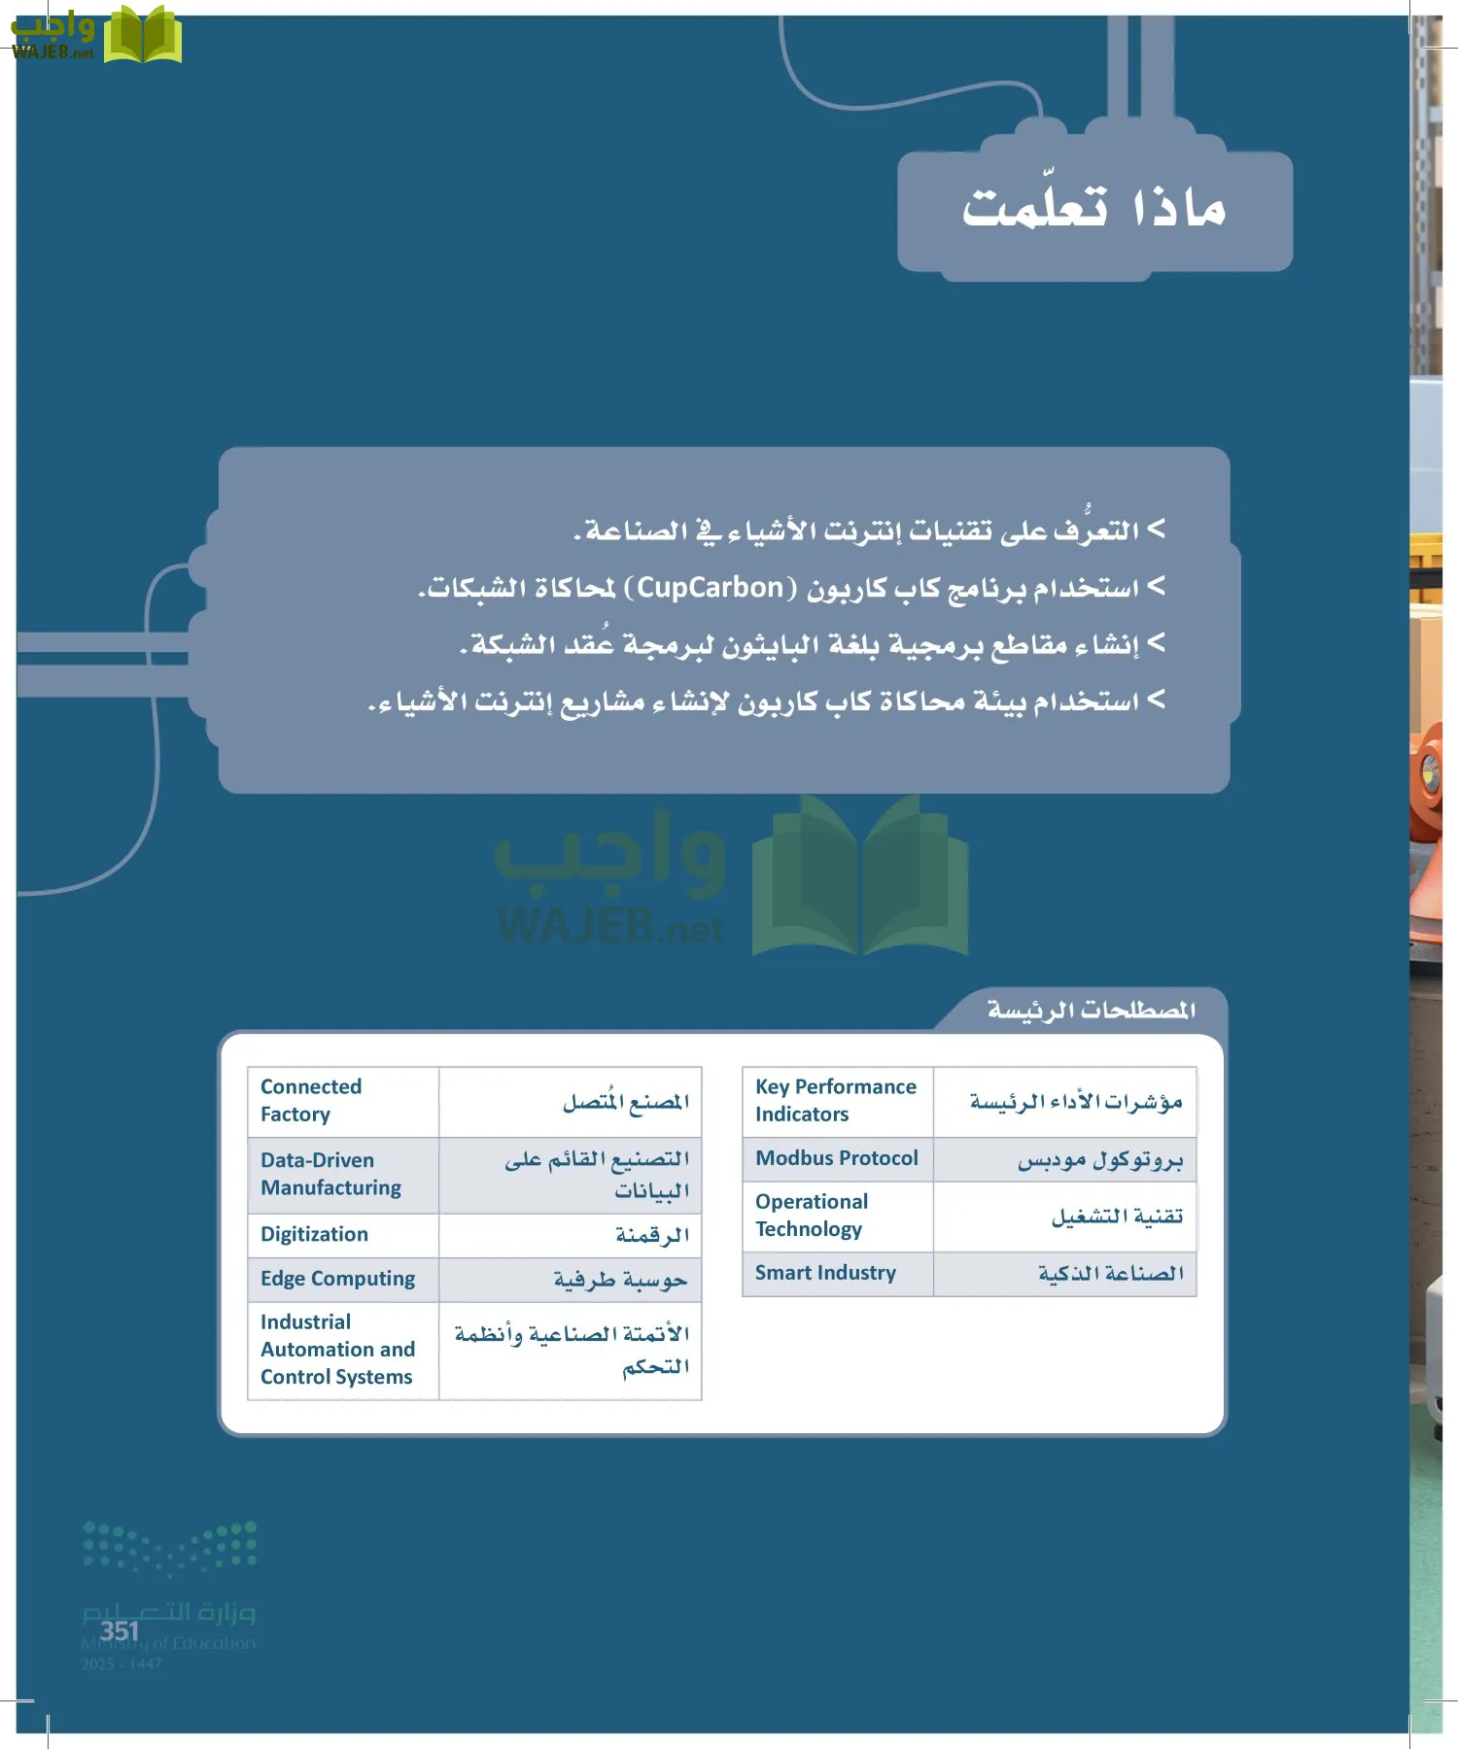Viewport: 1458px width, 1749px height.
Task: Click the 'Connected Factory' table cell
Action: (311, 1100)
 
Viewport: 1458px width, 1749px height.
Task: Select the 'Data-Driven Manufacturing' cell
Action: (330, 1174)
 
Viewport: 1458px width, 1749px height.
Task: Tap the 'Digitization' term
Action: (314, 1234)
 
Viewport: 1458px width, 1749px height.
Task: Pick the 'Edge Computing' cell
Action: (337, 1279)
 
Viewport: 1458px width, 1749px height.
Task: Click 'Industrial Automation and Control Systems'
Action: (337, 1350)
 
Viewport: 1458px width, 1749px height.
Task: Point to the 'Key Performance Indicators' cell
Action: (835, 1100)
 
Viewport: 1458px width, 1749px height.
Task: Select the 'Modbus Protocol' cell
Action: (836, 1158)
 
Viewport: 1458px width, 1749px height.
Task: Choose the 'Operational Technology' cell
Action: (812, 1216)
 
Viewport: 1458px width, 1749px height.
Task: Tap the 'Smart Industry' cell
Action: (825, 1273)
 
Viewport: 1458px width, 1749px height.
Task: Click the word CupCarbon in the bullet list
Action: (711, 588)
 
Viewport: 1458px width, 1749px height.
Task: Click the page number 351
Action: (120, 1630)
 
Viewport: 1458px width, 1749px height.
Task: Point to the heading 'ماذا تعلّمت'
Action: (1094, 208)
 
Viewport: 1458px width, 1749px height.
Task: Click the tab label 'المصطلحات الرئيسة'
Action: (1091, 1011)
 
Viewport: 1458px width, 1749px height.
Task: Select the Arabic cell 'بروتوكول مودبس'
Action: (1099, 1160)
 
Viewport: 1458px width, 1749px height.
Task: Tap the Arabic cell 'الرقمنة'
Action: (651, 1235)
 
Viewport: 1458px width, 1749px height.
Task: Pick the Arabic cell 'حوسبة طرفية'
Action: (620, 1280)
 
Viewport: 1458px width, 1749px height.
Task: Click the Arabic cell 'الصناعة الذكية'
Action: (1110, 1274)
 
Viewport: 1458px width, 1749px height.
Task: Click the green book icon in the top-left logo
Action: (143, 36)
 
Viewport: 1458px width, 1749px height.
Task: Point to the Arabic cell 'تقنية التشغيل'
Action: (1117, 1217)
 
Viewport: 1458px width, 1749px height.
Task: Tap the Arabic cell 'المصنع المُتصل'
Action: (625, 1102)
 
